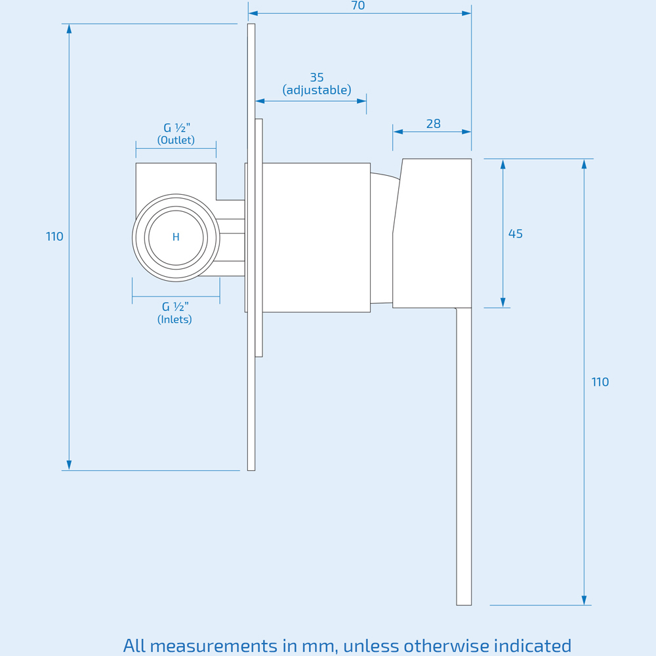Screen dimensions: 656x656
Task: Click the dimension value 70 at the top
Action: (358, 6)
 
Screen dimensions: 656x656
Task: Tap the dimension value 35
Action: (317, 77)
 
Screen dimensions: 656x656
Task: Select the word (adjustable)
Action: (317, 90)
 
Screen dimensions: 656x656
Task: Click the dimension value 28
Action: (433, 123)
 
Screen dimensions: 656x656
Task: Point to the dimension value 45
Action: (516, 234)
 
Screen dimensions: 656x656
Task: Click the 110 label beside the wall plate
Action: (54, 237)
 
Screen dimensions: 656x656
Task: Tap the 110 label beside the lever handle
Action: (600, 382)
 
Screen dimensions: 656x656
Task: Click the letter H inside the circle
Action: (176, 237)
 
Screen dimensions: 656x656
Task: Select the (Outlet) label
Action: (176, 140)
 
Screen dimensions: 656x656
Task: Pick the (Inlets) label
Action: (174, 319)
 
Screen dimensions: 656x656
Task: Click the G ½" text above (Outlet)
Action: (176, 128)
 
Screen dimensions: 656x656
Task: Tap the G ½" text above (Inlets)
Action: (175, 306)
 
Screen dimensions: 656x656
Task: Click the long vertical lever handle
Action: (464, 459)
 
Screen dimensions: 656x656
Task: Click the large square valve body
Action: (316, 237)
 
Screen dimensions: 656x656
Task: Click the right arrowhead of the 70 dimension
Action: (466, 13)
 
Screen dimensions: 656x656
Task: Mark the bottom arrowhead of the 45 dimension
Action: (503, 302)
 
